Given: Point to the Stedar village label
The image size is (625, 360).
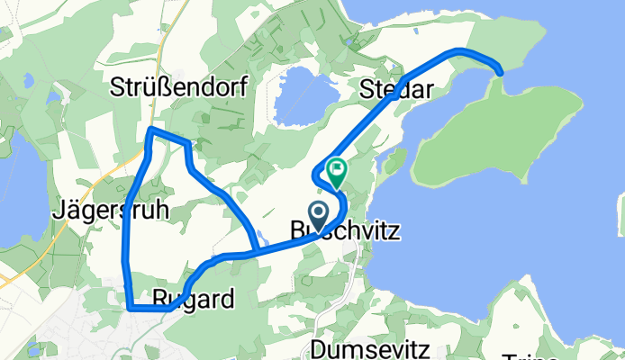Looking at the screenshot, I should tap(391, 89).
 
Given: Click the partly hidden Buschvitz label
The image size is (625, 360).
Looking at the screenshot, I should tap(346, 232).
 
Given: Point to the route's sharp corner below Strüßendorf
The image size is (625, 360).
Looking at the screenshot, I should tap(150, 131).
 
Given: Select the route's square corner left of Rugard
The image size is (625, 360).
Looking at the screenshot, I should tap(130, 308).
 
